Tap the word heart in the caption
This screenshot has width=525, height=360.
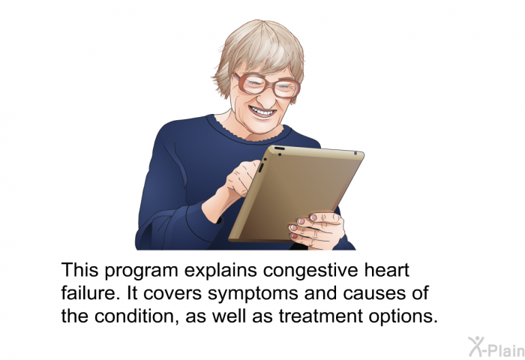pos(387,269)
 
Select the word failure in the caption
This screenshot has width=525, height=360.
pos(91,292)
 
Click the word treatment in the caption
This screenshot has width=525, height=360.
pos(321,316)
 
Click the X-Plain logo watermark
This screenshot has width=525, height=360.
pos(496,347)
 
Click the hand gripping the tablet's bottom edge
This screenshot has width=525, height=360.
pos(317,230)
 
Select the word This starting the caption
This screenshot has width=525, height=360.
pos(79,269)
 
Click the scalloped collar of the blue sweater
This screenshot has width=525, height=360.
pos(246,132)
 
